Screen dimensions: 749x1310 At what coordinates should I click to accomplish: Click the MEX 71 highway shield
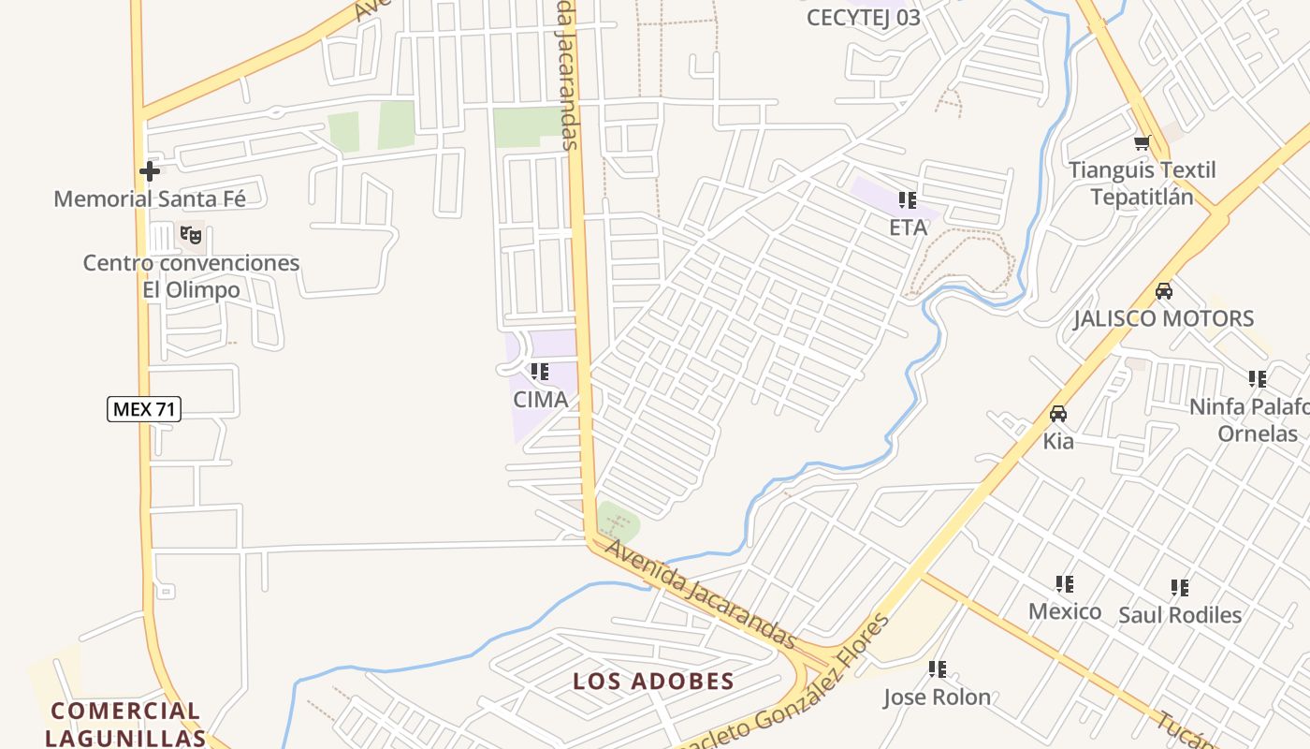[x=144, y=409]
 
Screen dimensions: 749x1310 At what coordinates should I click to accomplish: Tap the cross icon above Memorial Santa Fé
[x=149, y=171]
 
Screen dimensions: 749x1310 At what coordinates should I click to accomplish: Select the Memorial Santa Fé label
[x=150, y=198]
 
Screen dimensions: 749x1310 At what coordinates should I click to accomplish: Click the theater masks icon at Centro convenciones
[x=191, y=235]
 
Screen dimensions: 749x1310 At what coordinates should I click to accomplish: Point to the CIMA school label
[x=540, y=400]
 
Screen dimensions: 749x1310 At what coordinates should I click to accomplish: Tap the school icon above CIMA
[x=540, y=372]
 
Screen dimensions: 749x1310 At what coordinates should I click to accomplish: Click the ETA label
[x=908, y=228]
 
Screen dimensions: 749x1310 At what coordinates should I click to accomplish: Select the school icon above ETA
[x=907, y=200]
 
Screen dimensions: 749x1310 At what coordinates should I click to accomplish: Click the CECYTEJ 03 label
[x=863, y=17]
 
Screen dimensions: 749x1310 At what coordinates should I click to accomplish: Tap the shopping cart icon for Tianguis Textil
[x=1142, y=143]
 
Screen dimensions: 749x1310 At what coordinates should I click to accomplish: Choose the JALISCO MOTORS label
[x=1163, y=318]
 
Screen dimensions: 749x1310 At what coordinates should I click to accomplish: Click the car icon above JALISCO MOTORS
[x=1163, y=291]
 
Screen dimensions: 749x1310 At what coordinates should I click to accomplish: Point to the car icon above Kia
[x=1058, y=414]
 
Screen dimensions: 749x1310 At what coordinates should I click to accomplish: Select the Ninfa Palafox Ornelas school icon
[x=1257, y=379]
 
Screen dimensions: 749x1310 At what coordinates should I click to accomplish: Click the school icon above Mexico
[x=1064, y=584]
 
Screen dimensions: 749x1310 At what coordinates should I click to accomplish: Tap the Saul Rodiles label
[x=1180, y=615]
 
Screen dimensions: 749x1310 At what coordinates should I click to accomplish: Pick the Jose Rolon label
[x=937, y=698]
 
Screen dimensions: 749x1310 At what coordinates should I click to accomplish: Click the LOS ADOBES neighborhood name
[x=653, y=681]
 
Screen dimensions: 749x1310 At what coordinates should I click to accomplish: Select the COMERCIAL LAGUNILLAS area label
[x=125, y=724]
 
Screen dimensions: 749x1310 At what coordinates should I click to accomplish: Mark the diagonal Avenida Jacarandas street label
[x=700, y=595]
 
